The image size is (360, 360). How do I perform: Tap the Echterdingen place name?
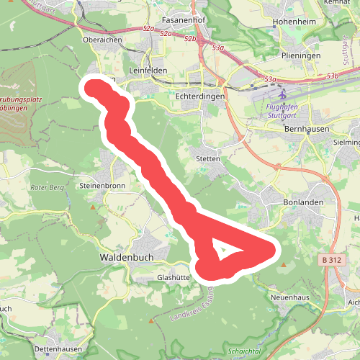200,95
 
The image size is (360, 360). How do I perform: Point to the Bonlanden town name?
297,204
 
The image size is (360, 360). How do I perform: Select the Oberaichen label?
102,41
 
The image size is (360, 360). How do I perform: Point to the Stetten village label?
207,158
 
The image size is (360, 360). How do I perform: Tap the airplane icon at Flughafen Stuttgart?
282,94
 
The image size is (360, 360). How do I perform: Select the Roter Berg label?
48,188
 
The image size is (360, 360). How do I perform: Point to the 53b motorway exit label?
331,75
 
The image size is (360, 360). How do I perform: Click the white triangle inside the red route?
224,251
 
